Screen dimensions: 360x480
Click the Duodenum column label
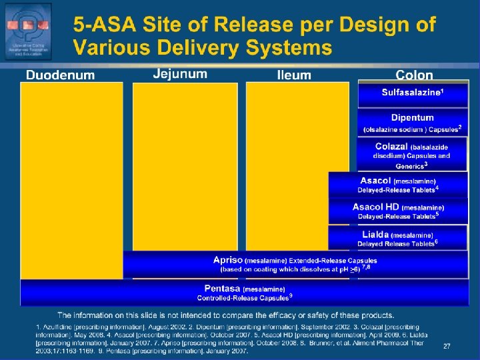point(60,75)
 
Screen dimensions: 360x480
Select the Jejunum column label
point(179,73)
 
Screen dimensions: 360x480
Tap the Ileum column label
point(294,75)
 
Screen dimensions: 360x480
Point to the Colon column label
point(414,75)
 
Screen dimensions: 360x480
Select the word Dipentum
point(412,118)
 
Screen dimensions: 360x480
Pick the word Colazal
point(391,146)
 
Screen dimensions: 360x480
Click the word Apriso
point(227,260)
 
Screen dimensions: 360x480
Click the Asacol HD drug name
point(376,207)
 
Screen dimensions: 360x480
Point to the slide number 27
point(447,346)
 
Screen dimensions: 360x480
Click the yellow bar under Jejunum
point(185,167)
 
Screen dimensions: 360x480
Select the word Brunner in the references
point(355,343)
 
